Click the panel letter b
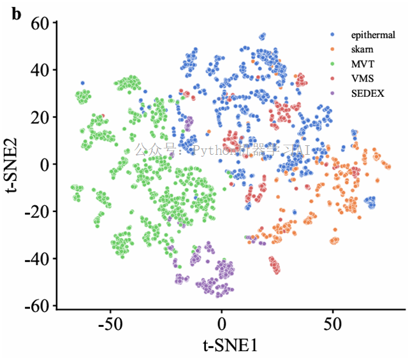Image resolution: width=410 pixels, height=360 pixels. [17, 13]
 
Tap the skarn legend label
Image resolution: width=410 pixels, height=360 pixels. [362, 49]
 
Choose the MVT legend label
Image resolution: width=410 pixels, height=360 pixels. [362, 64]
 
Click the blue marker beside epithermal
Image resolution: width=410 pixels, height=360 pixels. [333, 34]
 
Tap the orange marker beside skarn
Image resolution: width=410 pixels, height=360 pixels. [333, 49]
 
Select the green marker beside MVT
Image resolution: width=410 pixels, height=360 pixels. [333, 64]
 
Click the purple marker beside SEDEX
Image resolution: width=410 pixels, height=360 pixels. [333, 94]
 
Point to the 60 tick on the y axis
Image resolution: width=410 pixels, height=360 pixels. [43, 23]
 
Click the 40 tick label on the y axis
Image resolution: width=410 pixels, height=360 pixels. [43, 70]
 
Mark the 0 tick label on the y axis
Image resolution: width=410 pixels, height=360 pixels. [47, 164]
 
